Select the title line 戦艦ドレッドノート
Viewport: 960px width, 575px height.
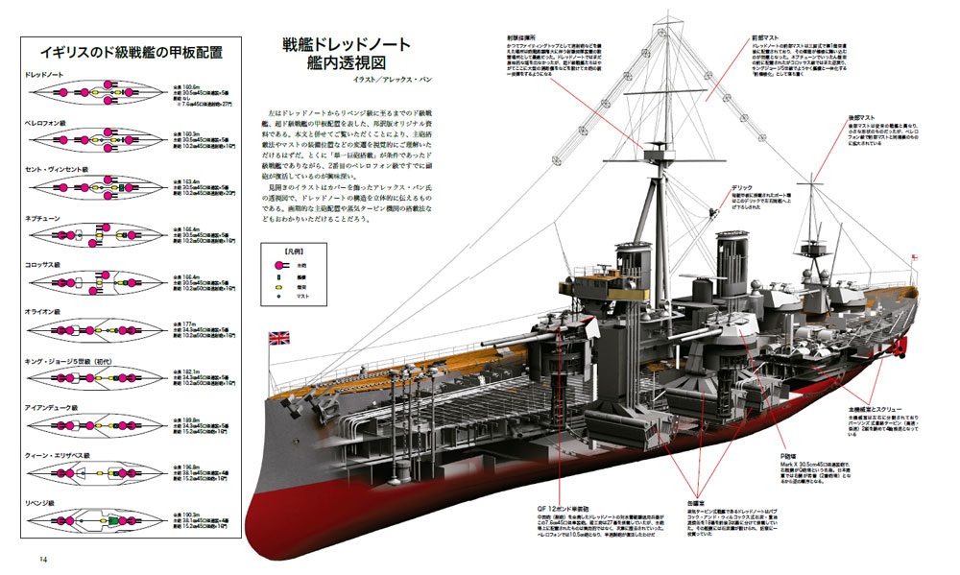click(x=347, y=45)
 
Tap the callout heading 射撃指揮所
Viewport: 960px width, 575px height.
click(x=524, y=38)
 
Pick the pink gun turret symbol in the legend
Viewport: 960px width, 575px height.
click(x=284, y=265)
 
